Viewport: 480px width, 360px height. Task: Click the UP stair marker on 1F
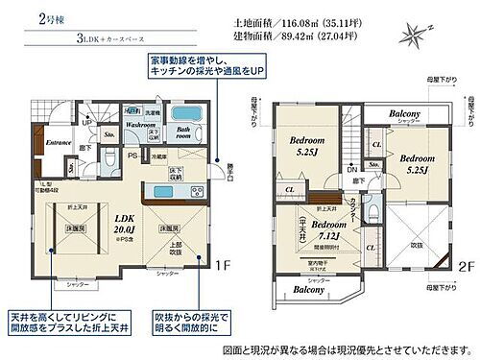coord(86,122)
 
